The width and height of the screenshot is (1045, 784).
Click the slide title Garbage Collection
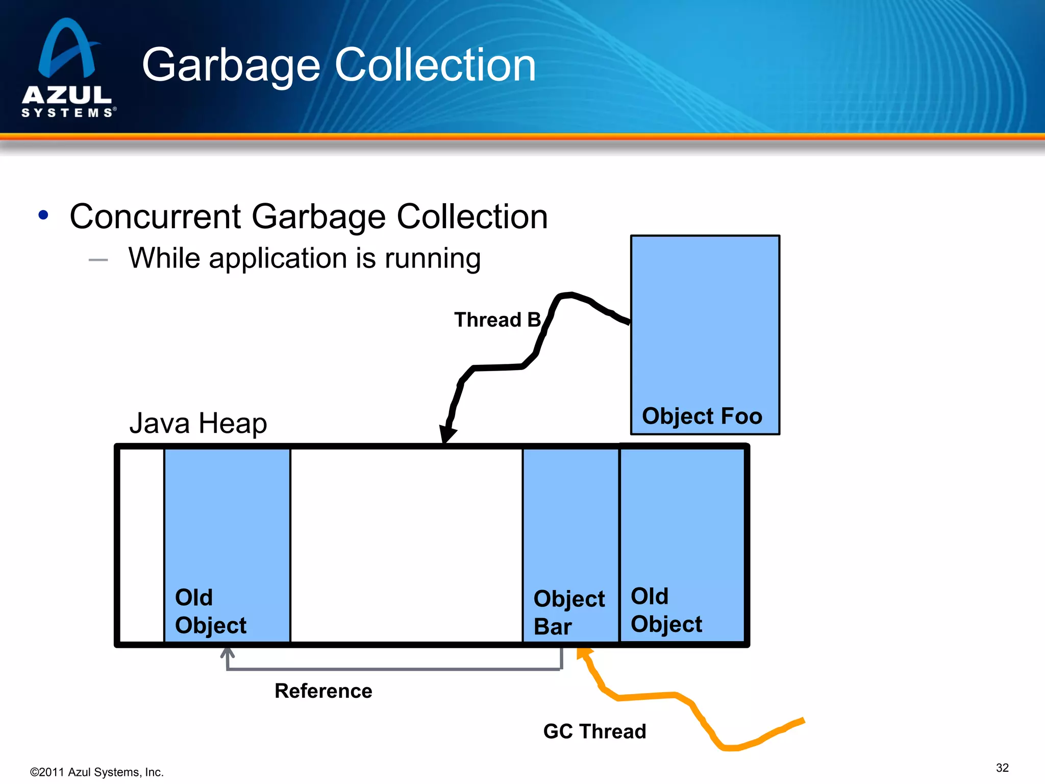[x=339, y=65]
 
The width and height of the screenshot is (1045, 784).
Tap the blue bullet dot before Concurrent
[x=43, y=215]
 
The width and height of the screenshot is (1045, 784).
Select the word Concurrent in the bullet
[x=155, y=216]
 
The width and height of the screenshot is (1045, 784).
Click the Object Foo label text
[x=702, y=416]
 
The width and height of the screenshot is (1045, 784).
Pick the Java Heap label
[x=198, y=423]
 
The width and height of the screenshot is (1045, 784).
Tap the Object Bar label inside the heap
[x=568, y=612]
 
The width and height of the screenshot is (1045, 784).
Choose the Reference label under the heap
[x=324, y=691]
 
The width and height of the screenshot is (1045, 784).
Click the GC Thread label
[x=594, y=731]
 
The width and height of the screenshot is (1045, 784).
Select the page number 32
[x=1002, y=768]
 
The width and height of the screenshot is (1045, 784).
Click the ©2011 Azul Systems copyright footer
[x=97, y=772]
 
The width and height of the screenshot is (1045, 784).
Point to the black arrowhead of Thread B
[x=447, y=434]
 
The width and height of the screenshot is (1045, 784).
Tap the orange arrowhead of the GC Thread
[x=583, y=653]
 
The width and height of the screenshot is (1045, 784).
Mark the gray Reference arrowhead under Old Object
[x=228, y=653]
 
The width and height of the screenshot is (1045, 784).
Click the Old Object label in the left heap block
[x=210, y=611]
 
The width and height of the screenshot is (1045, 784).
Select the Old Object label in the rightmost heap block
[x=666, y=610]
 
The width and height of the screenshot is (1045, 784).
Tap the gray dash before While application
[x=98, y=260]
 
